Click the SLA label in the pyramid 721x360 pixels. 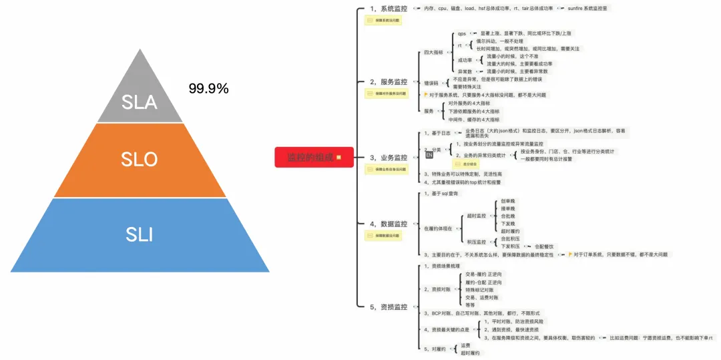pyautogui.click(x=140, y=102)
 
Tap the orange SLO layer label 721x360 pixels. pyautogui.click(x=140, y=159)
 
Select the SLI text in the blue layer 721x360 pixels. pyautogui.click(x=140, y=234)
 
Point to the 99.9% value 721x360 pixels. pyautogui.click(x=209, y=88)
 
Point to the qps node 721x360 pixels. pyautogui.click(x=462, y=33)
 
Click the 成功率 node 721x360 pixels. pyautogui.click(x=465, y=60)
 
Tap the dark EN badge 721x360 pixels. pyautogui.click(x=430, y=155)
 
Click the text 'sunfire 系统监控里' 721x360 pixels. pyautogui.click(x=588, y=9)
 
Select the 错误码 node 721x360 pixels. pyautogui.click(x=431, y=83)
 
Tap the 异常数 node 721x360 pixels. pyautogui.click(x=465, y=71)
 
